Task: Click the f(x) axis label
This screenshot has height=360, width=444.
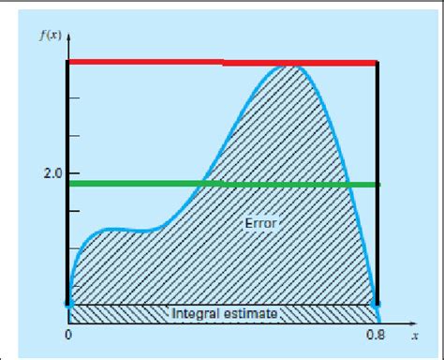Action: (x=52, y=38)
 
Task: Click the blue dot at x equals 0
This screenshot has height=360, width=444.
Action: (x=68, y=305)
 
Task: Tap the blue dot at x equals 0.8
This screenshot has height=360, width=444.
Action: (x=377, y=305)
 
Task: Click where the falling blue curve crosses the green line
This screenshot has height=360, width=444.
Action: (x=349, y=185)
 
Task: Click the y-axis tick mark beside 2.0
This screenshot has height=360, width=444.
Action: (x=74, y=173)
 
